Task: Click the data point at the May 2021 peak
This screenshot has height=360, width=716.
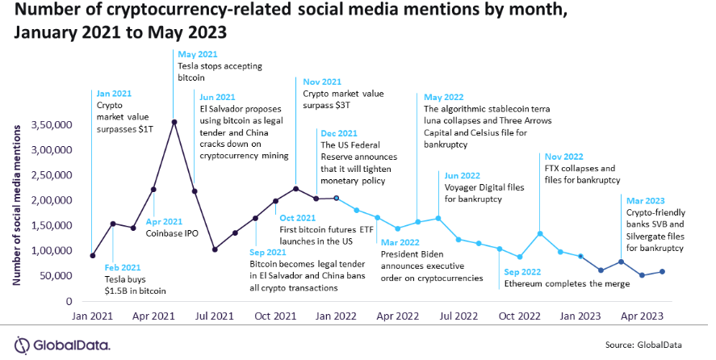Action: [x=174, y=122]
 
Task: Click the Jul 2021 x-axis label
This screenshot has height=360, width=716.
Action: [x=214, y=316]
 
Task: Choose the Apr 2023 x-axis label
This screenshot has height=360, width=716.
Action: [x=643, y=316]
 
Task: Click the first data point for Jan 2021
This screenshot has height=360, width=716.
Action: [x=93, y=255]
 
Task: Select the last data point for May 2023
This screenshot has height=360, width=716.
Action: [x=662, y=271]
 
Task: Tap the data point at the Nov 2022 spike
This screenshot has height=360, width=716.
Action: [x=539, y=233]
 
